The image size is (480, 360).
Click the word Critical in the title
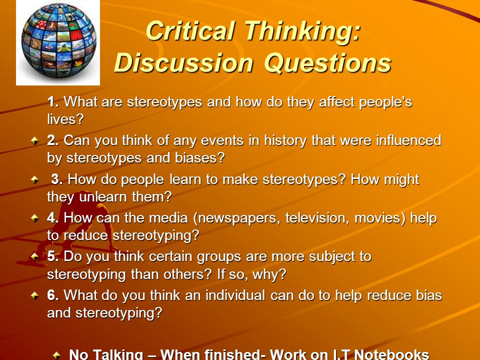(190, 31)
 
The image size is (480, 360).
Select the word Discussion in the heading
(183, 63)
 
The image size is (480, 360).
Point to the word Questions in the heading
(327, 63)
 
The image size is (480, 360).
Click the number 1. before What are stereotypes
(53, 101)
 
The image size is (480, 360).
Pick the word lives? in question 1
(65, 119)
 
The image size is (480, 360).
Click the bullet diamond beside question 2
(35, 141)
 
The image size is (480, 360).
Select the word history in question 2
(285, 141)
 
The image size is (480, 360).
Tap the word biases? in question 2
(200, 157)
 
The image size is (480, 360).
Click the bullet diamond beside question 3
(35, 179)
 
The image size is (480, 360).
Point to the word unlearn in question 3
(103, 196)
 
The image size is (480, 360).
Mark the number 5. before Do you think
(53, 256)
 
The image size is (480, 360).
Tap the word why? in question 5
(269, 274)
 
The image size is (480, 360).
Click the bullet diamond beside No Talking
(56, 355)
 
